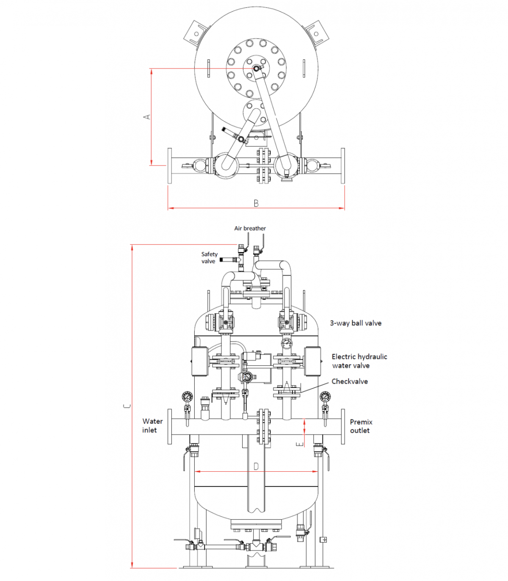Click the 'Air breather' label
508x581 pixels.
(250, 228)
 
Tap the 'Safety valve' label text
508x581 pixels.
(209, 257)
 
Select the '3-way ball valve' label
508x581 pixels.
(356, 323)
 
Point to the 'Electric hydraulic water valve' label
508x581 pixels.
(359, 361)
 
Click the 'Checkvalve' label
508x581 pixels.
(349, 382)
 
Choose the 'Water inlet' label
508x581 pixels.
(152, 426)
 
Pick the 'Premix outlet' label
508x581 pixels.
(361, 426)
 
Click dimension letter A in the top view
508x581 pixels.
(147, 116)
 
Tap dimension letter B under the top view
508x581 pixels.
(256, 203)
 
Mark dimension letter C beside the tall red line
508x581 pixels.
(127, 406)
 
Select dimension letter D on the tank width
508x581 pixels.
(256, 467)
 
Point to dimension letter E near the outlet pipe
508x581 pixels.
(299, 443)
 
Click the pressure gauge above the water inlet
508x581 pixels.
(187, 397)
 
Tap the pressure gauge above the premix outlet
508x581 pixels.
(325, 397)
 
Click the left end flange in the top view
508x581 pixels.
(170, 166)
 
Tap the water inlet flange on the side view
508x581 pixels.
(170, 426)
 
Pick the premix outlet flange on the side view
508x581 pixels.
(343, 426)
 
